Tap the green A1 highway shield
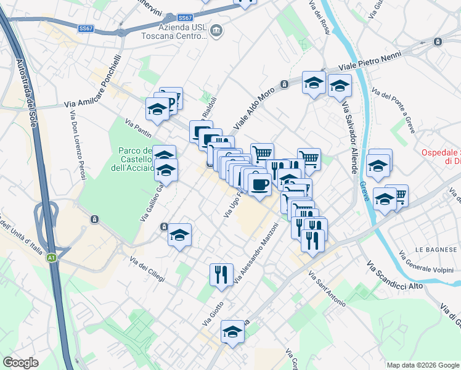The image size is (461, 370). tap(52, 258)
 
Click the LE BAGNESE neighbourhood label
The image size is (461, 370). tap(434, 249)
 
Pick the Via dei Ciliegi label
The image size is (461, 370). tap(148, 270)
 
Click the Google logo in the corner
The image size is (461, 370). tap(21, 363)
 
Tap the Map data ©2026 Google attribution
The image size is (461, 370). tap(423, 365)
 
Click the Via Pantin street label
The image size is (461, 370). tap(138, 129)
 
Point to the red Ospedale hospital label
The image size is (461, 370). tap(441, 157)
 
